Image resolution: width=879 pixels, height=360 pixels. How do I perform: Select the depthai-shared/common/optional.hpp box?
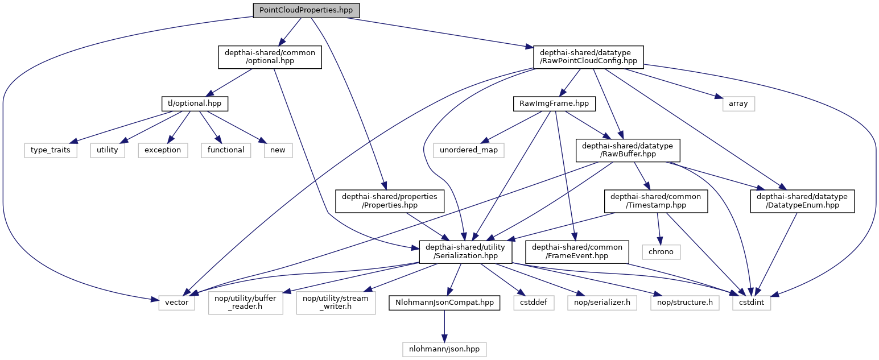pyautogui.click(x=270, y=56)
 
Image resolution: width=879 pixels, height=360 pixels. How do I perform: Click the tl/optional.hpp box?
pyautogui.click(x=195, y=104)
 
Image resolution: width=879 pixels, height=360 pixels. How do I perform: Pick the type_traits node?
pyautogui.click(x=50, y=150)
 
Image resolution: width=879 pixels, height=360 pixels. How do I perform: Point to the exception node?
pyautogui.click(x=162, y=150)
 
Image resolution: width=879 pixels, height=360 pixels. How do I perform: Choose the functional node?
pyautogui.click(x=226, y=150)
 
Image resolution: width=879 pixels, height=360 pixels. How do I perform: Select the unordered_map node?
pyautogui.click(x=468, y=150)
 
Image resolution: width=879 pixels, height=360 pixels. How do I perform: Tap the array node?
pyautogui.click(x=738, y=104)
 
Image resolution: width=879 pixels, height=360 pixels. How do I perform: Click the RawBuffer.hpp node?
pyautogui.click(x=627, y=150)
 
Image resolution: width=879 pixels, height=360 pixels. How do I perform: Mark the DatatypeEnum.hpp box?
pyautogui.click(x=802, y=201)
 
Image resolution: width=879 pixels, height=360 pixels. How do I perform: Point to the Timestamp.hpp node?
pyautogui.click(x=656, y=201)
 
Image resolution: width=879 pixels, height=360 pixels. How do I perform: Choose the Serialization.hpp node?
pyautogui.click(x=465, y=251)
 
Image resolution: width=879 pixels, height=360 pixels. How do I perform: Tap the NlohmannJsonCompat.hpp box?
pyautogui.click(x=444, y=303)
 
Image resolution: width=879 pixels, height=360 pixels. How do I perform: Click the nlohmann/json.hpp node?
pyautogui.click(x=444, y=349)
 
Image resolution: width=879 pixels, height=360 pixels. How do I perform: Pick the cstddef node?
pyautogui.click(x=533, y=303)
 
